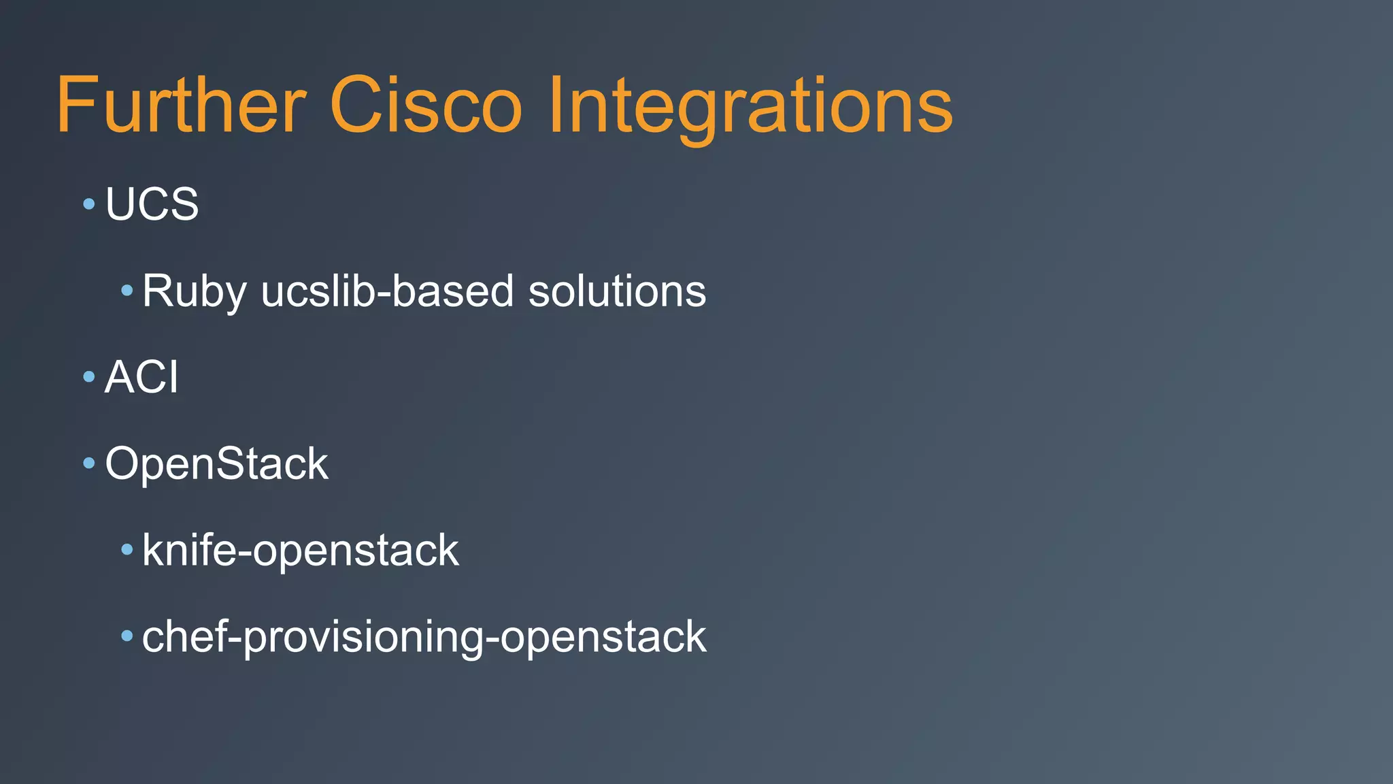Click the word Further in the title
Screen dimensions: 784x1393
[x=181, y=105]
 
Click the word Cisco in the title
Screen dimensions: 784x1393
[x=426, y=105]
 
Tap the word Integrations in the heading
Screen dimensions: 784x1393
[x=750, y=105]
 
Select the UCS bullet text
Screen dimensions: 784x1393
[x=152, y=203]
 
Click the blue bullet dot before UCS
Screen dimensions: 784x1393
[x=88, y=203]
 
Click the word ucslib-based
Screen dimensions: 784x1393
[x=387, y=291]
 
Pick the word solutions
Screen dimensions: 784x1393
[x=617, y=291]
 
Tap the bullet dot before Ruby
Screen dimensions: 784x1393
[x=127, y=291]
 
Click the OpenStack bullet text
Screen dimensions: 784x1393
[x=216, y=463]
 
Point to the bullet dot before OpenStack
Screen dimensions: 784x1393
[x=88, y=463]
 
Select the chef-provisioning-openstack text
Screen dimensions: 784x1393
[x=424, y=637]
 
